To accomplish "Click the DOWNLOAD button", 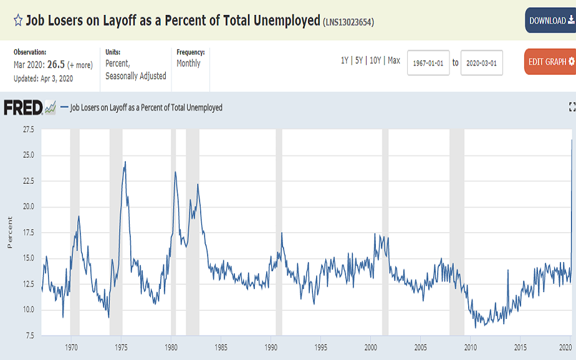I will [x=551, y=21].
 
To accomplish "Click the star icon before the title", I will [x=18, y=21].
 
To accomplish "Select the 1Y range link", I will [x=345, y=61].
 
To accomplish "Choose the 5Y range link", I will [x=359, y=61].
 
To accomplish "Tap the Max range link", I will [x=393, y=61].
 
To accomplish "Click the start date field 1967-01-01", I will [x=428, y=62].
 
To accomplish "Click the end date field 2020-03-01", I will [x=482, y=62].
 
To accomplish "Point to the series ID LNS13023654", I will [x=348, y=22].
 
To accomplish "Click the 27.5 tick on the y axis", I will [x=28, y=130].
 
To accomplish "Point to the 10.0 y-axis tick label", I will [x=28, y=310].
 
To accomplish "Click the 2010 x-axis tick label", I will [x=470, y=347].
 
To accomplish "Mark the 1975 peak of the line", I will [x=125, y=162].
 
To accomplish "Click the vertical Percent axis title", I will [x=9, y=233].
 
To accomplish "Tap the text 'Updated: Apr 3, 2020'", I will [x=43, y=78].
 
